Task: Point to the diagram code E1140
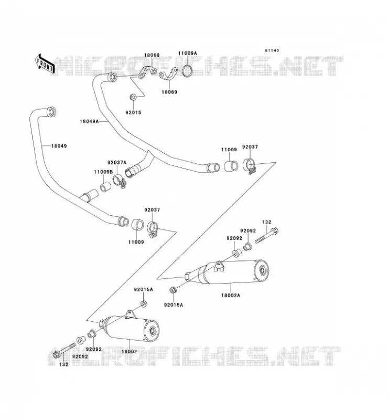tap(272, 50)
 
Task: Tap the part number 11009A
tap(188, 54)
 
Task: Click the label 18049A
tap(89, 121)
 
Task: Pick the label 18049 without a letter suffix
tap(59, 146)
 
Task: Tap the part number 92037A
tap(117, 163)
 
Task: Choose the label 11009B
tap(103, 172)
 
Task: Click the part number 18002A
tap(231, 295)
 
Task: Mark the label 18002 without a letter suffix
tap(129, 351)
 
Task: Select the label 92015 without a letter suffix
tap(133, 112)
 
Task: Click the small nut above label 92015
tap(133, 97)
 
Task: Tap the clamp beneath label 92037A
tap(120, 181)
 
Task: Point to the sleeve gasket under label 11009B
tap(105, 187)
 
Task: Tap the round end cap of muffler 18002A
tap(262, 271)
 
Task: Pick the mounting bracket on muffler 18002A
tap(219, 266)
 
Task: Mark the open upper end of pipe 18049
tap(51, 112)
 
